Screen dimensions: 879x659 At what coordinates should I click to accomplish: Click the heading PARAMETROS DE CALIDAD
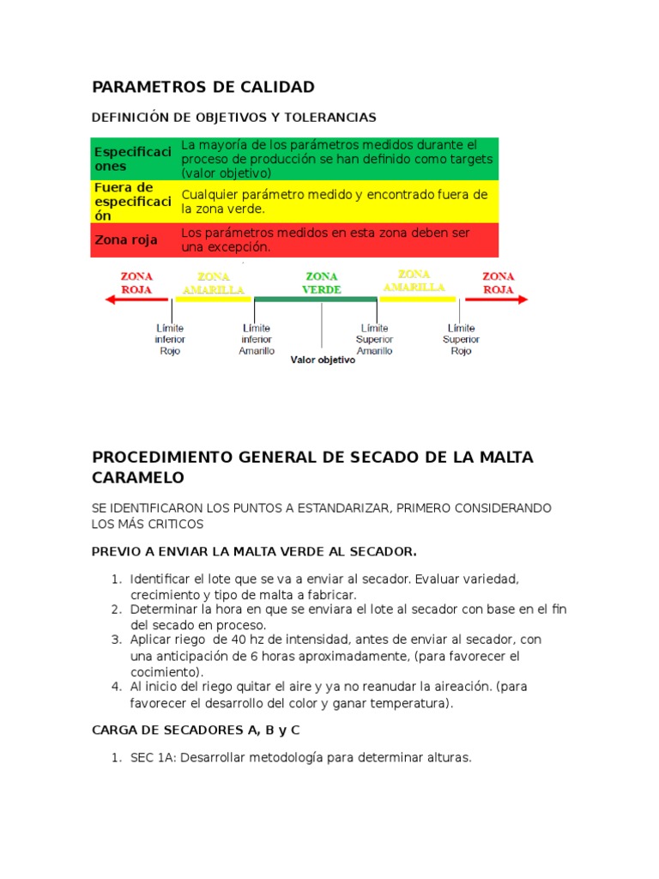point(203,87)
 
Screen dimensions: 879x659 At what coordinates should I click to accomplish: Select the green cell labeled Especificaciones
point(133,159)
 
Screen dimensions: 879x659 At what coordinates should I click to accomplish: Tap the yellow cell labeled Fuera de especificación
point(133,201)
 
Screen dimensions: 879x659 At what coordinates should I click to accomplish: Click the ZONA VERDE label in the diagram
point(322,283)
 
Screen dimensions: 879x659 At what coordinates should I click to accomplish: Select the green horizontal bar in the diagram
point(316,299)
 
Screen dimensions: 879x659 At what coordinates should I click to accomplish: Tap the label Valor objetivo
point(323,361)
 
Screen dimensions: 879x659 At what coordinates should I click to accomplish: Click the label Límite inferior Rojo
point(170,339)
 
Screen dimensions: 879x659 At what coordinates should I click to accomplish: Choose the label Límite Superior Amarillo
point(375,339)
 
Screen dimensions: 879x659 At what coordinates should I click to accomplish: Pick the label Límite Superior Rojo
point(461,339)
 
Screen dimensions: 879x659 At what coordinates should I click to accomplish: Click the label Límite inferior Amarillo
point(257,339)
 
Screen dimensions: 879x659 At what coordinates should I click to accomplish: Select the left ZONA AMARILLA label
point(214,283)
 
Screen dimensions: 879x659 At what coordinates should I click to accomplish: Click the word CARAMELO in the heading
point(138,476)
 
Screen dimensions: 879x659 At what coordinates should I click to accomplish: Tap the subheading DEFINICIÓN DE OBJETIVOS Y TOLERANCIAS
point(234,117)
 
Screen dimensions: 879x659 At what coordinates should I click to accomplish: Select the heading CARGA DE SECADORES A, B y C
point(195,730)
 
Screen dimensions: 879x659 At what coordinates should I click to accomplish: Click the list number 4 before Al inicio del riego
point(116,687)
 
